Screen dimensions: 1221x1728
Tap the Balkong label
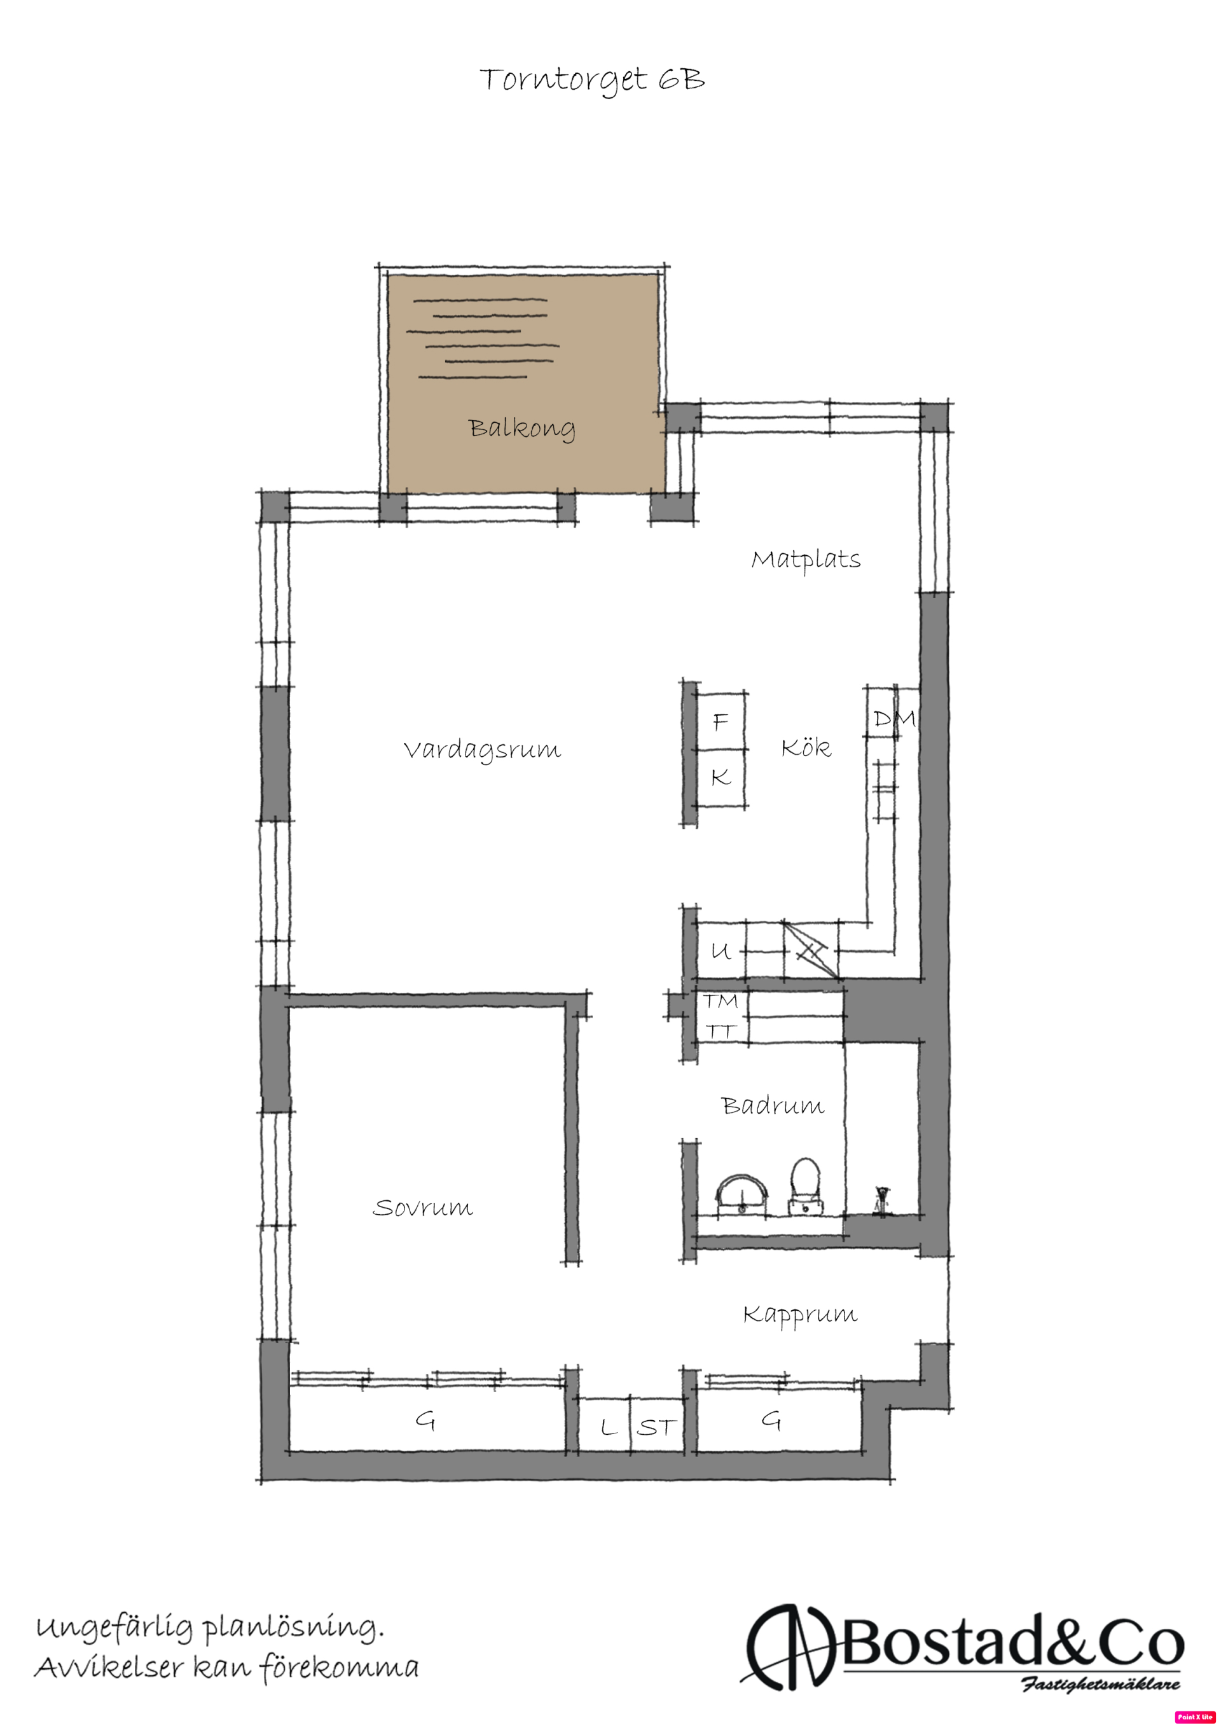pyautogui.click(x=521, y=428)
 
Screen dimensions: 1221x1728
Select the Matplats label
pyautogui.click(x=806, y=560)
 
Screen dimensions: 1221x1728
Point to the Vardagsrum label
pyautogui.click(x=482, y=750)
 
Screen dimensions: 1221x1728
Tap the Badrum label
pyautogui.click(x=773, y=1105)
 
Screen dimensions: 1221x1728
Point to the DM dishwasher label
pyautogui.click(x=894, y=719)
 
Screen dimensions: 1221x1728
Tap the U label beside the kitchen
pyautogui.click(x=721, y=951)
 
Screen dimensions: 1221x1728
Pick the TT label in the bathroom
pyautogui.click(x=720, y=1031)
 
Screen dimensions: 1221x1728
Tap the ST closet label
pyautogui.click(x=656, y=1427)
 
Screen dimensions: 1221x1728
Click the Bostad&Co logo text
pyautogui.click(x=1011, y=1645)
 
